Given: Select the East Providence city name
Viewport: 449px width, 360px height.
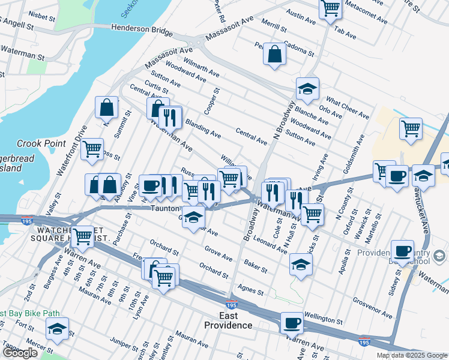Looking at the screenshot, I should [228, 320].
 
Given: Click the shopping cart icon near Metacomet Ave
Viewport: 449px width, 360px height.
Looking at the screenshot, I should [330, 9].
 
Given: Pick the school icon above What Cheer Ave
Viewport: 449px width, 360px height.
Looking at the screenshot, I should [307, 89].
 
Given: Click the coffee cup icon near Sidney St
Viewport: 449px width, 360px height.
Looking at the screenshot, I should [402, 250].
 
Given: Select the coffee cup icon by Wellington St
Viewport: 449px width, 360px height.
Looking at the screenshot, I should [292, 323].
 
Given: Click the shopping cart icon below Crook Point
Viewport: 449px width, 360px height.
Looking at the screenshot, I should [92, 149].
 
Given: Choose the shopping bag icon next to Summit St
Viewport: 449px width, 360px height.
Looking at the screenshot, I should [106, 108].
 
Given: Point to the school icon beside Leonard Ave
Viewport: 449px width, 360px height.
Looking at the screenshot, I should [301, 263].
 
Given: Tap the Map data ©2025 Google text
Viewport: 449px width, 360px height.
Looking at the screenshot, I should [411, 355].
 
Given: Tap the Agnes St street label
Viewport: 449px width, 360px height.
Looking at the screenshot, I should [250, 290].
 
